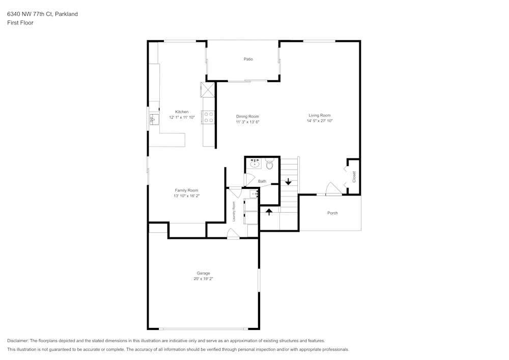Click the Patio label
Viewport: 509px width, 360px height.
[248, 59]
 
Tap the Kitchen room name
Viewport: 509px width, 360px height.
[182, 112]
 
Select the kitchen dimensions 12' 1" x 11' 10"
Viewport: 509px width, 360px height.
[182, 117]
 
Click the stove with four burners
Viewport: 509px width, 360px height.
[208, 118]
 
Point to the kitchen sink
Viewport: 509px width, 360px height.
[154, 119]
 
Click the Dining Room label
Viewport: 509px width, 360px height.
[247, 116]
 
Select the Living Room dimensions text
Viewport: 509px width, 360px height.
[320, 121]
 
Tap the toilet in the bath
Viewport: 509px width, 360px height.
[269, 164]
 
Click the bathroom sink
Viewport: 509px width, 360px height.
[256, 163]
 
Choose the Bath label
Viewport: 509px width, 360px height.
[262, 181]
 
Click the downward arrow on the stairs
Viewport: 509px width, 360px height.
[288, 182]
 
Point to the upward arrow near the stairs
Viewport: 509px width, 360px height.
[269, 212]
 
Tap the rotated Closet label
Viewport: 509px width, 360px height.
[354, 177]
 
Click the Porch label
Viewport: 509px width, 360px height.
[332, 213]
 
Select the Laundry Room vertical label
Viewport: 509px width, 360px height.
[234, 212]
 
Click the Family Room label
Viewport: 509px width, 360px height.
[186, 190]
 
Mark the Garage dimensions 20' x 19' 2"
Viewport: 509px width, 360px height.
[203, 279]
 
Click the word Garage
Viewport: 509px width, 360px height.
[203, 273]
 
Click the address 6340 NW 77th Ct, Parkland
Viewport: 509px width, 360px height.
[43, 14]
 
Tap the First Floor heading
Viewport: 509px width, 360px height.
[20, 23]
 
